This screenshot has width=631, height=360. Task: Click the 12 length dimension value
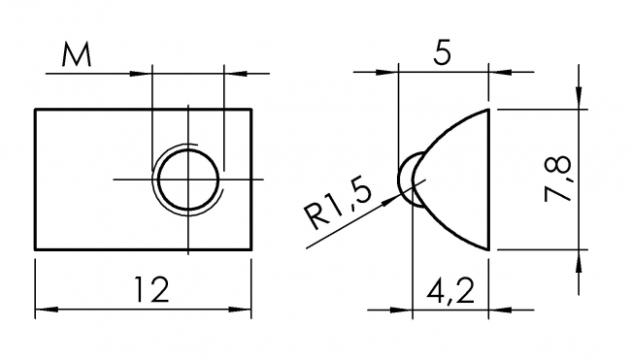coord(151,289)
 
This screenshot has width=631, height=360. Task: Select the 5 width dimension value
coord(443,51)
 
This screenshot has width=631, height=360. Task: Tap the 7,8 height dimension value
coord(558,179)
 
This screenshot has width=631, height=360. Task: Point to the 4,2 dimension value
coord(450,291)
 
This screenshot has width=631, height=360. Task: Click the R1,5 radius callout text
coord(338,206)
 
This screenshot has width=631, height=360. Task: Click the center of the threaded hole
coord(188,180)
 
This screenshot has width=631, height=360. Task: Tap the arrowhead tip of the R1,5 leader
coord(394,198)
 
